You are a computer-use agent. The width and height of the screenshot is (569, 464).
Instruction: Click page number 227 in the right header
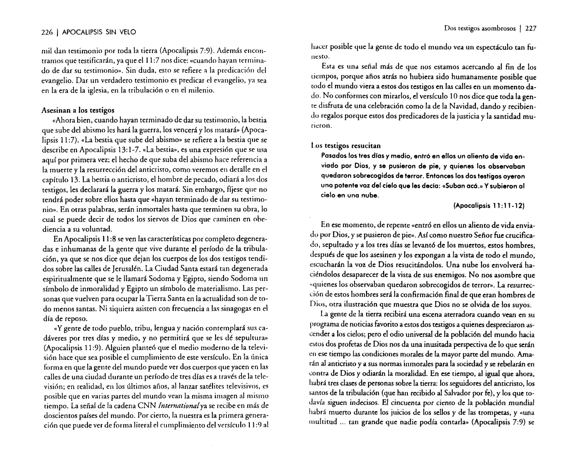[x=531, y=29]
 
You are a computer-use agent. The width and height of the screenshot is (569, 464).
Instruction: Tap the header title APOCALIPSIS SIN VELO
[x=99, y=32]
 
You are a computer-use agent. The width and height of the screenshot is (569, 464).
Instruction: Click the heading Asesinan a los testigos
[x=78, y=110]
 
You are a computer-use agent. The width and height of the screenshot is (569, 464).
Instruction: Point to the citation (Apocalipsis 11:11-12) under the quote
[x=489, y=206]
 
